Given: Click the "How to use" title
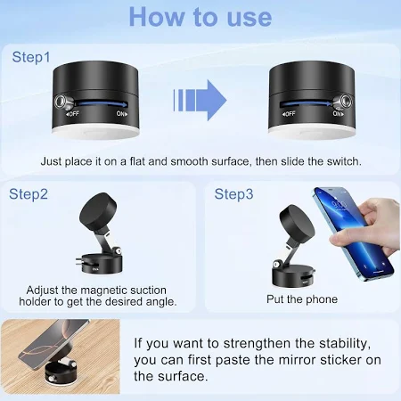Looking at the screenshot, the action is coord(200,17).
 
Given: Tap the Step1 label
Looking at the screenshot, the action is coord(31,57).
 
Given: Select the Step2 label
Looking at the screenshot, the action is coord(29,194).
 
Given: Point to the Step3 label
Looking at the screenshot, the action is coord(233,194).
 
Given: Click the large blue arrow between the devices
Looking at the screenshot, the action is coord(200,100).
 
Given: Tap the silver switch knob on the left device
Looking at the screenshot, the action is coord(62,102).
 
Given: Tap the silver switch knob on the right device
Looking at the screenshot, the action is coord(343,102).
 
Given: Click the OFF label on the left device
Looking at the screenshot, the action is coord(72,114).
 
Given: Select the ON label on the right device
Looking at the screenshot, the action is coord(338,114).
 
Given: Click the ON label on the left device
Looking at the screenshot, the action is coord(122,114).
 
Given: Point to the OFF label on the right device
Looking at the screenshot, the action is coord(289,114).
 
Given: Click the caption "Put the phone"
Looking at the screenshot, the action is coord(302,299).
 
